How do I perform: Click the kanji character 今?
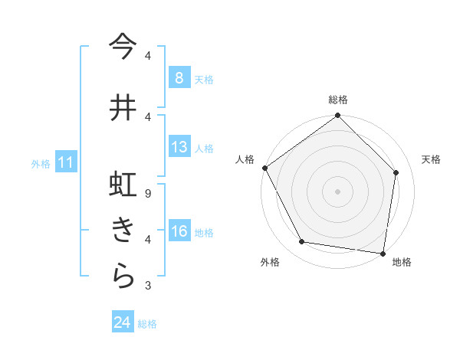(123, 47)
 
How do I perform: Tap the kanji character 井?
(123, 107)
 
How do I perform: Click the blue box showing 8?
(179, 77)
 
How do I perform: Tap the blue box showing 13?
(179, 147)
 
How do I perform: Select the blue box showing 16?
(179, 231)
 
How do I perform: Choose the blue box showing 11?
(66, 162)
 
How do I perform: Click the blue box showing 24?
(122, 322)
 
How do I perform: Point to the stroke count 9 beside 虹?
(148, 194)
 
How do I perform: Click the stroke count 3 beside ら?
(148, 286)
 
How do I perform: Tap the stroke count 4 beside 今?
(148, 56)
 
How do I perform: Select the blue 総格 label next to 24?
(147, 324)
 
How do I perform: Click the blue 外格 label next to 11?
(41, 163)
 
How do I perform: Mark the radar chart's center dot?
(337, 191)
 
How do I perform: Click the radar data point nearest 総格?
(337, 116)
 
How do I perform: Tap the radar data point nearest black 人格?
(264, 168)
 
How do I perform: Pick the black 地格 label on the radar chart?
(402, 262)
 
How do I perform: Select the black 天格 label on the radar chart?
(432, 159)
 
